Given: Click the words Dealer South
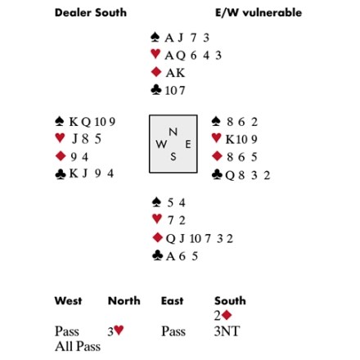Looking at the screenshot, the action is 91,13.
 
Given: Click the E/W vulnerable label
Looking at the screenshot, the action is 259,13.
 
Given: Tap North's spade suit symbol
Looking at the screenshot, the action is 155,38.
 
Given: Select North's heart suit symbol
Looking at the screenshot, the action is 155,54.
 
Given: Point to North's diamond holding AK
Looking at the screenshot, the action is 175,73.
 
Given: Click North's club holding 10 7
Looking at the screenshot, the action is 175,91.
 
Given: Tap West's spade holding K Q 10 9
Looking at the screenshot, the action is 92,122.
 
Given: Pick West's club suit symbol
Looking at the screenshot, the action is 61,174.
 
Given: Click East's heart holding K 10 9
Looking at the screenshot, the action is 241,139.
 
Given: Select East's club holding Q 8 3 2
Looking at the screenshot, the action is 248,175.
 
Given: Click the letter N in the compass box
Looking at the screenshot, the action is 173,132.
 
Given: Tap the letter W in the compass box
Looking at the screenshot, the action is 161,144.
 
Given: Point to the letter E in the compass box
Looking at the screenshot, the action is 188,144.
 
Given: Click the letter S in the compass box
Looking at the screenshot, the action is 173,157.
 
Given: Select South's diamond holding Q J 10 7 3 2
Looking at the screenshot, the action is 200,239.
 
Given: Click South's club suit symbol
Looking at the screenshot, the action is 157,255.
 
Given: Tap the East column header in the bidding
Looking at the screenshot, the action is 172,301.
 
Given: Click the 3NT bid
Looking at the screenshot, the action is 227,331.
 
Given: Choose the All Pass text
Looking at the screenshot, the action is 78,347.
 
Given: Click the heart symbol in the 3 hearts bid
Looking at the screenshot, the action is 119,331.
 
